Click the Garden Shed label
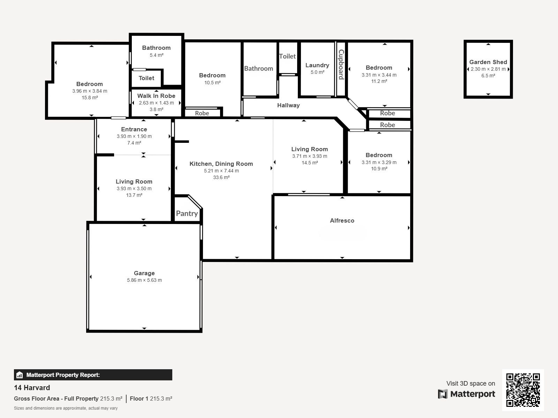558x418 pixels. click(488, 62)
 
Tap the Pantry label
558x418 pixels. click(187, 214)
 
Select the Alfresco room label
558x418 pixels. click(342, 220)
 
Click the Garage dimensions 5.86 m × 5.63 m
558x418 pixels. click(144, 280)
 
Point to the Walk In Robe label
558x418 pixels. click(156, 96)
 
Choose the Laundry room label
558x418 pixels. click(317, 65)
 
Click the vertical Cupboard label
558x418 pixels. click(341, 64)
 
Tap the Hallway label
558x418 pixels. click(288, 105)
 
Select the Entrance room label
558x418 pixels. click(134, 130)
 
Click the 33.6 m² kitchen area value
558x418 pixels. click(221, 177)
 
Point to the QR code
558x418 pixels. click(523, 390)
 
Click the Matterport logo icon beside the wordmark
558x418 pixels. click(443, 394)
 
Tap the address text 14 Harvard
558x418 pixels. click(32, 388)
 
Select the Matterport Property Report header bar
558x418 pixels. click(93, 375)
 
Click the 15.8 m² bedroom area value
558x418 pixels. click(90, 98)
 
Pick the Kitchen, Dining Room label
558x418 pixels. click(221, 164)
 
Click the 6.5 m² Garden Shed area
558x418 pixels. click(488, 76)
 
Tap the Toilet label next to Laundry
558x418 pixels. click(287, 56)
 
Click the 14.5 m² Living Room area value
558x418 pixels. click(310, 163)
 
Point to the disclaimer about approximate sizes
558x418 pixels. click(66, 408)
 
